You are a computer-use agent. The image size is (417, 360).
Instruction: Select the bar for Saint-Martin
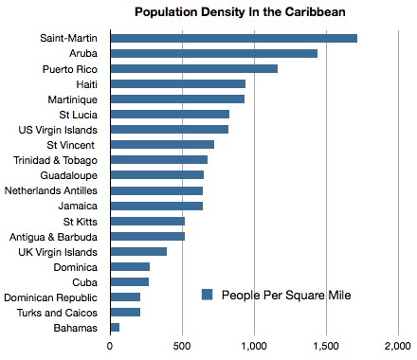tap(233, 38)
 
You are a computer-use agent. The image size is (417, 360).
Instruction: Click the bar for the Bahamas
tap(115, 327)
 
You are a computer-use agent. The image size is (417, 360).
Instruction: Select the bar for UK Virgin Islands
tap(138, 251)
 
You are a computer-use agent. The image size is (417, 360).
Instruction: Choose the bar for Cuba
tap(129, 281)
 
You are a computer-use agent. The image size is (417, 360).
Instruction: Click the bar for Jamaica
tap(156, 206)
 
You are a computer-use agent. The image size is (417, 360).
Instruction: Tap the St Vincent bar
tap(162, 144)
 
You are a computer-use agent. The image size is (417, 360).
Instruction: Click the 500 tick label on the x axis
tap(182, 348)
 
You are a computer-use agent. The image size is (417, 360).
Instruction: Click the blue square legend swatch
tap(207, 295)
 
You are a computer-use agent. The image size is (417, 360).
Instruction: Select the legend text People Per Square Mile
tap(285, 295)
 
